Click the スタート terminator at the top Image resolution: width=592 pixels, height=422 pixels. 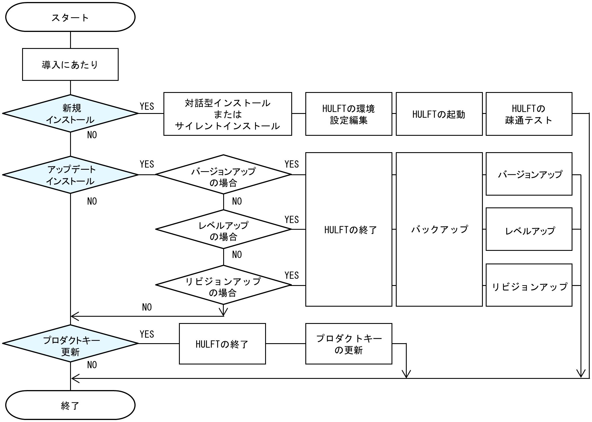click(x=70, y=17)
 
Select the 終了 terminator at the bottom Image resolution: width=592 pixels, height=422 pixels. click(x=70, y=405)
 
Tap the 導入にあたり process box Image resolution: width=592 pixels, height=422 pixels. click(x=70, y=64)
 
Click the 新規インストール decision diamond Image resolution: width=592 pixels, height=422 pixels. click(x=70, y=114)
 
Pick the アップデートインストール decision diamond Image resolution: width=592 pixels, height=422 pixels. click(x=70, y=175)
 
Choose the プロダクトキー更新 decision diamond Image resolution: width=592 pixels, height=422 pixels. click(x=70, y=343)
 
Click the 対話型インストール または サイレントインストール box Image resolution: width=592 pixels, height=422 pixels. click(x=227, y=114)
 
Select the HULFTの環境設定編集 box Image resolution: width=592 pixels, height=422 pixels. click(x=348, y=114)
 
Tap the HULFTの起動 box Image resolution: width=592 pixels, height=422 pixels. click(x=439, y=114)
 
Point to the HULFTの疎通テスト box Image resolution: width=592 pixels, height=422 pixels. click(x=529, y=114)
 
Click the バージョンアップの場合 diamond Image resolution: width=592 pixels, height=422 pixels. click(x=223, y=175)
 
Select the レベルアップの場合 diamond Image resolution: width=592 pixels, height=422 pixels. click(x=223, y=230)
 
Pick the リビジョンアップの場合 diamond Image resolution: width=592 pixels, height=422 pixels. click(x=223, y=285)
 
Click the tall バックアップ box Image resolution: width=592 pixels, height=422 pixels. click(x=439, y=229)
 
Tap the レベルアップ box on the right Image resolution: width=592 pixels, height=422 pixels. click(x=529, y=229)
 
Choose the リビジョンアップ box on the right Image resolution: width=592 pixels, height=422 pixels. click(x=529, y=285)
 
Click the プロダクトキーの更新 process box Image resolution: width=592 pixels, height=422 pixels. click(x=348, y=344)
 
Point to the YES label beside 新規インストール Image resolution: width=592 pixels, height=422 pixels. click(x=147, y=106)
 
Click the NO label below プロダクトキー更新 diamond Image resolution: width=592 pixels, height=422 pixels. click(x=92, y=365)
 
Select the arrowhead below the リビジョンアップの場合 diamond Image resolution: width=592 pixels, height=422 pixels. click(x=223, y=312)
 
